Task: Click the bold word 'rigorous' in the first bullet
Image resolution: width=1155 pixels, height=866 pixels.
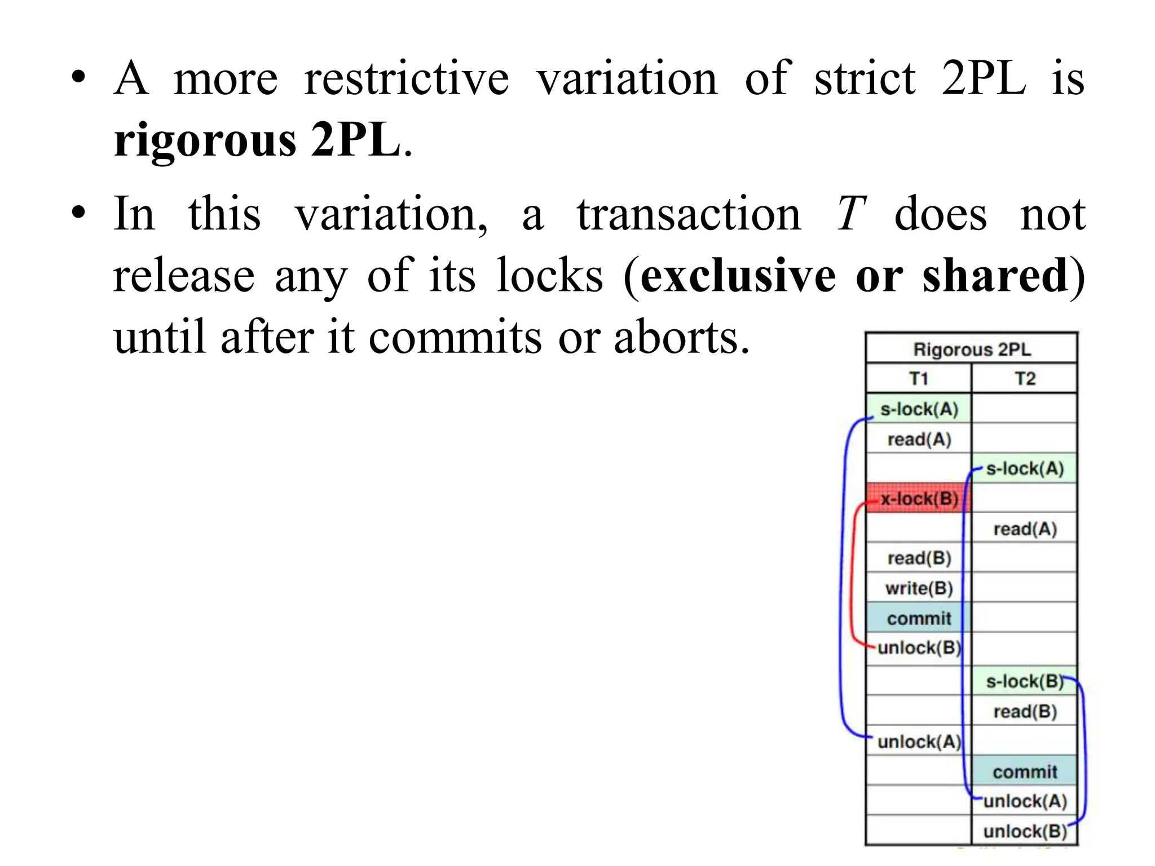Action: tap(204, 140)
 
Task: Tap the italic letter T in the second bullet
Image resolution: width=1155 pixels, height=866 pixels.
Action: tap(850, 214)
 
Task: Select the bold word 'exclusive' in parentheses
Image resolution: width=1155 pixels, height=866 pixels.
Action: tap(738, 276)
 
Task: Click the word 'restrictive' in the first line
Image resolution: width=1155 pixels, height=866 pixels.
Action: tap(406, 78)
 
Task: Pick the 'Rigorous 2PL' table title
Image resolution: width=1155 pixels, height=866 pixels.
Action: tap(972, 350)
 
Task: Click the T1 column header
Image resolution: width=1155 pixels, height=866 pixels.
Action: tap(919, 378)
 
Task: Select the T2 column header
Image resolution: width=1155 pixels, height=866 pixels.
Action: tap(1025, 378)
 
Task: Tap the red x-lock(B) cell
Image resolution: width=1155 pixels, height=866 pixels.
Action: tap(919, 498)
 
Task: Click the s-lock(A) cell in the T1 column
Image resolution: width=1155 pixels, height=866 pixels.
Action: tap(919, 409)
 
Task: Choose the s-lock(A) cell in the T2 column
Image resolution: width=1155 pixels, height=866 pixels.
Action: tap(1025, 469)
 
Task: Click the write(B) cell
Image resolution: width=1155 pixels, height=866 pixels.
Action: tap(919, 588)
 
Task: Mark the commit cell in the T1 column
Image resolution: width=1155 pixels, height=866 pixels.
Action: tap(919, 618)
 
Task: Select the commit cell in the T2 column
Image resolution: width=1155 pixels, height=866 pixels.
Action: tap(1025, 772)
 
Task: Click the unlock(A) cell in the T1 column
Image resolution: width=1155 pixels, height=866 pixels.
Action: tap(919, 741)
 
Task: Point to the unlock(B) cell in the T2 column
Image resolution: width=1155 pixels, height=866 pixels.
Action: tap(1025, 831)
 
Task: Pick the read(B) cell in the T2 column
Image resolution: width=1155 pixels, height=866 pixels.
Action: tap(1025, 712)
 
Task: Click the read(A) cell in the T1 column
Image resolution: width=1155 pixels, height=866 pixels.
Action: tap(919, 439)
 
